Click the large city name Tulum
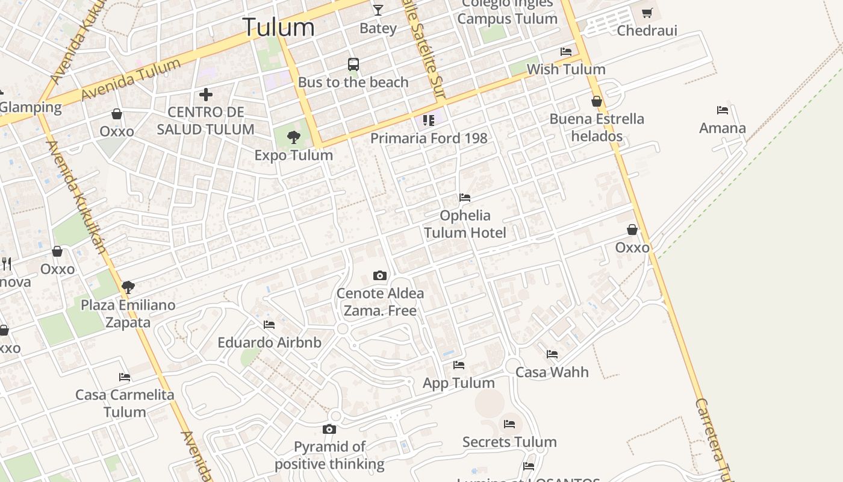pyautogui.click(x=278, y=27)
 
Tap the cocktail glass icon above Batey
pyautogui.click(x=378, y=10)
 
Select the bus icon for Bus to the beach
pyautogui.click(x=353, y=64)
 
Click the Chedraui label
pyautogui.click(x=647, y=31)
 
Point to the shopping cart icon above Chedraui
pyautogui.click(x=647, y=13)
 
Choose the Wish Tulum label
pyautogui.click(x=566, y=69)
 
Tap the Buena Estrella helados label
pyautogui.click(x=597, y=127)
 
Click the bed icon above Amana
pyautogui.click(x=723, y=110)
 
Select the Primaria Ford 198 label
pyautogui.click(x=429, y=138)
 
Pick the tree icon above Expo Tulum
pyautogui.click(x=293, y=137)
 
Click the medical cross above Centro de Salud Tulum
pyautogui.click(x=206, y=95)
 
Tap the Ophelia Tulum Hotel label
pyautogui.click(x=465, y=224)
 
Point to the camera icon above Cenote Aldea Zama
pyautogui.click(x=380, y=276)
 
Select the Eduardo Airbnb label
pyautogui.click(x=269, y=343)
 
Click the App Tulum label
pyautogui.click(x=459, y=383)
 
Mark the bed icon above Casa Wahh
pyautogui.click(x=552, y=354)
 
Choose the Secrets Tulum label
pyautogui.click(x=509, y=442)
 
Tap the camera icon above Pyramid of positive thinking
pyautogui.click(x=329, y=430)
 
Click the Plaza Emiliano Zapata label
pyautogui.click(x=128, y=313)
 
